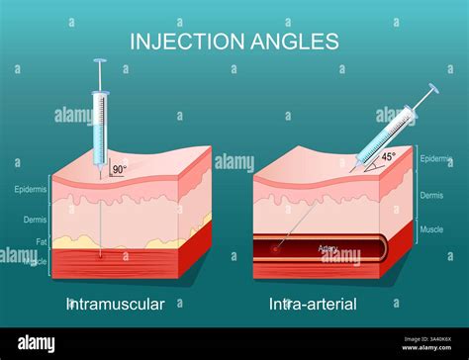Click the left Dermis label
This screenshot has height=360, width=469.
point(33,220)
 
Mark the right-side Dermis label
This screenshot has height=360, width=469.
point(432,196)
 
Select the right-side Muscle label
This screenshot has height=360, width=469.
point(432,228)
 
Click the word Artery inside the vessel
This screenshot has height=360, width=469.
point(328,248)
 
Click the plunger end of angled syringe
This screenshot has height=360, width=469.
point(435,89)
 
